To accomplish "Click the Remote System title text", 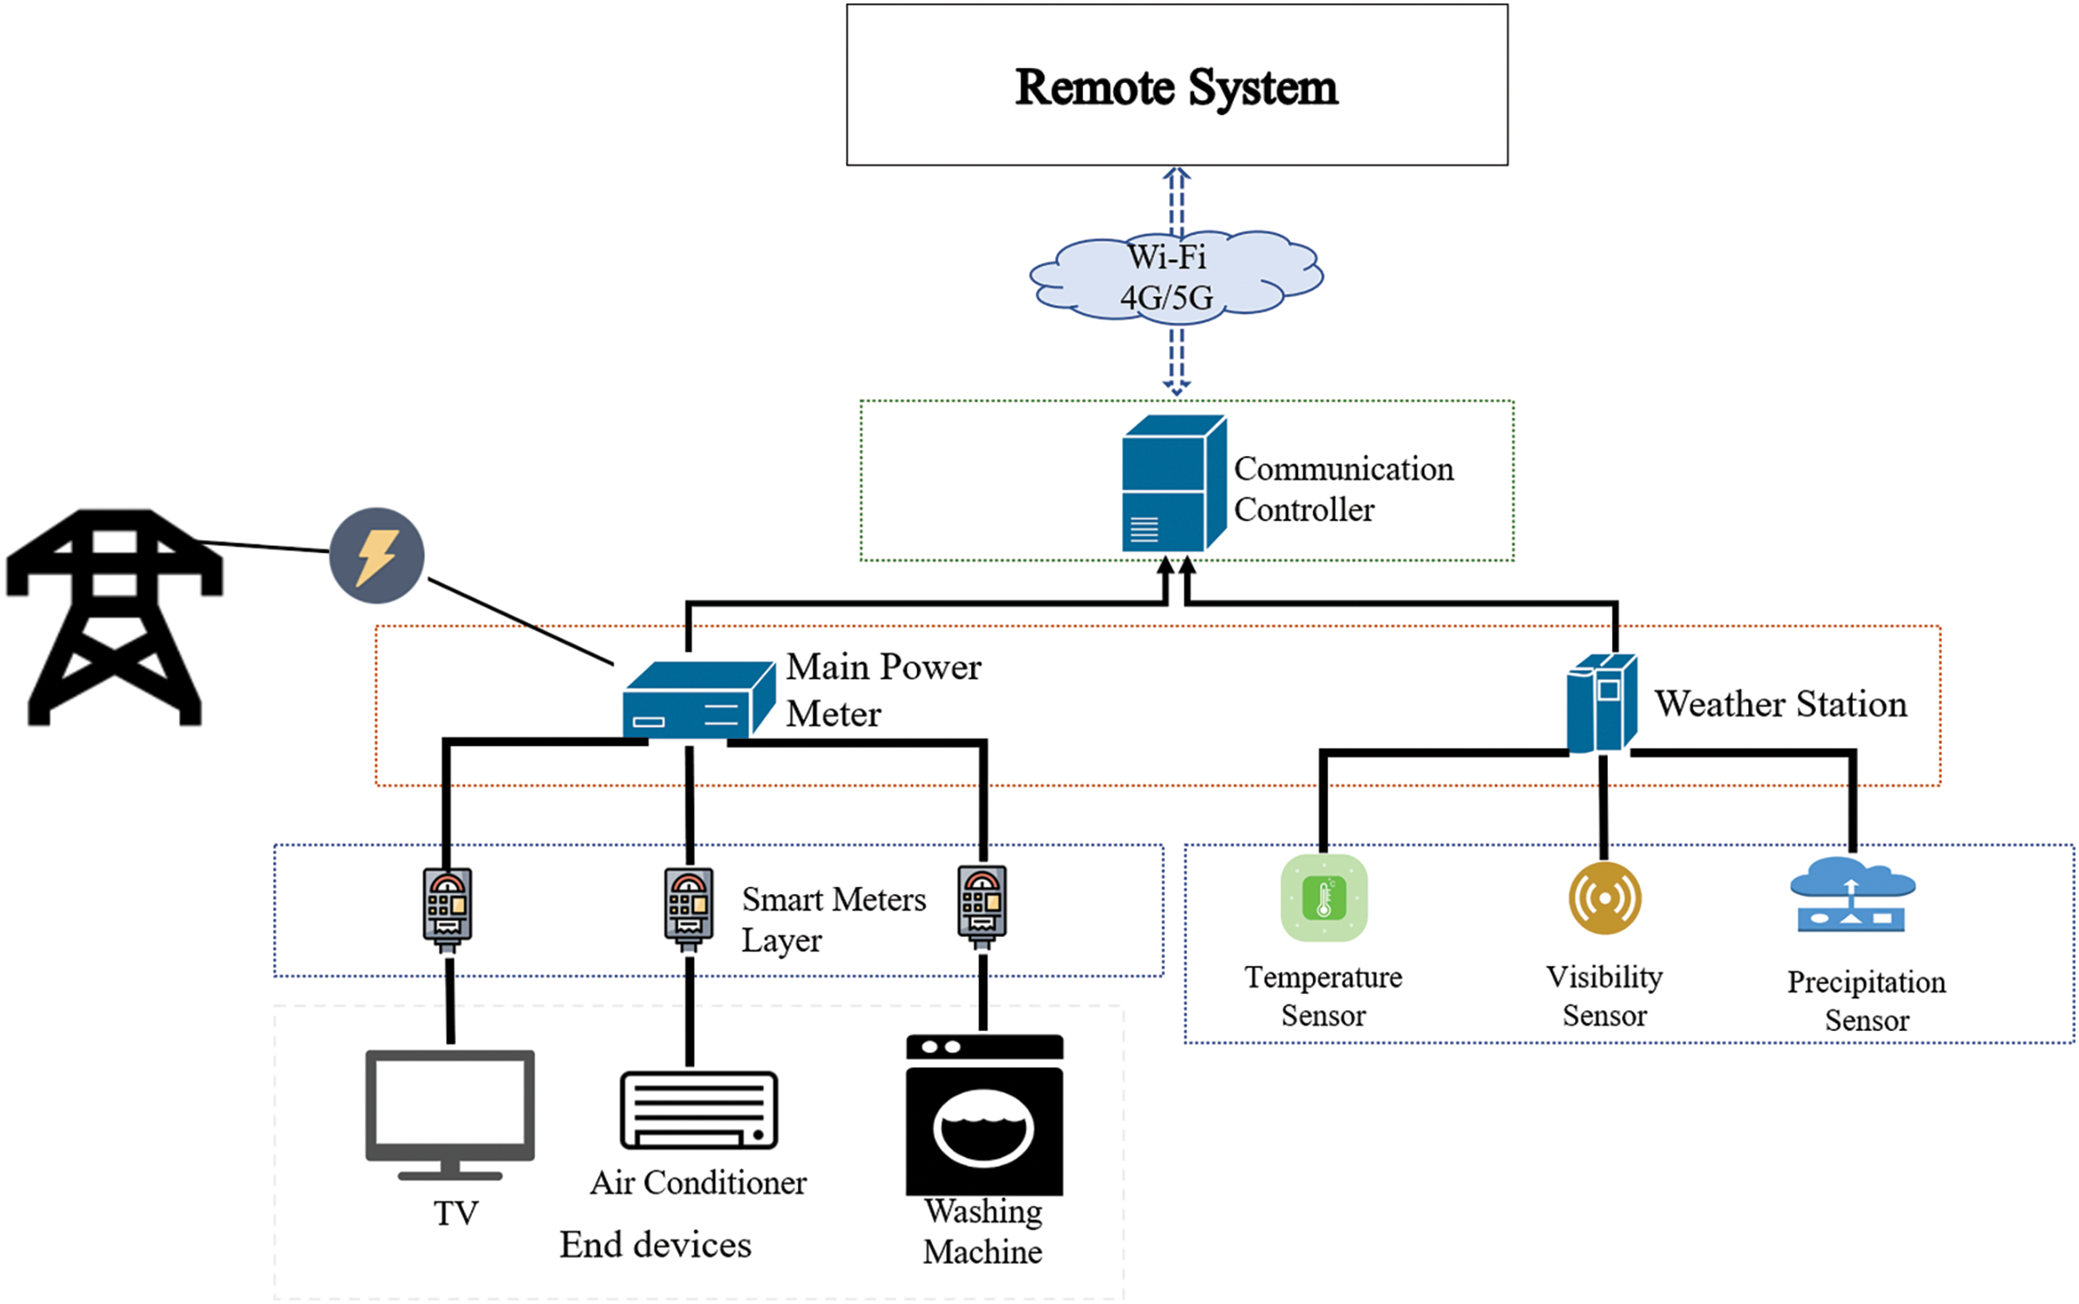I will click(x=1176, y=87).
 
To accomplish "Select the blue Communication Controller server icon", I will click(x=1173, y=484).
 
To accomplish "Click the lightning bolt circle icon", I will click(x=377, y=555).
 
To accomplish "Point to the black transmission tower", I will click(x=115, y=615).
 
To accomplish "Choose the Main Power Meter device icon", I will click(x=698, y=699).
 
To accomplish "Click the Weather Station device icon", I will click(x=1601, y=702).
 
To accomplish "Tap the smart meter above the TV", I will click(x=447, y=908).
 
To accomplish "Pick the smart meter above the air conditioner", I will click(x=689, y=908).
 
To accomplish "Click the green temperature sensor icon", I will click(x=1323, y=898).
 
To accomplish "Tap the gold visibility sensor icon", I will click(x=1604, y=898).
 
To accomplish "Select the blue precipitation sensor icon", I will click(x=1852, y=896).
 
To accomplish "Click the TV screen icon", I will click(x=449, y=1112).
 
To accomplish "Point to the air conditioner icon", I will click(x=699, y=1110).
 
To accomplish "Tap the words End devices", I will click(x=655, y=1244).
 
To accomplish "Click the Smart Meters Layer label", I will click(x=832, y=919).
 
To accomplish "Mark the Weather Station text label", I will click(x=1780, y=704).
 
